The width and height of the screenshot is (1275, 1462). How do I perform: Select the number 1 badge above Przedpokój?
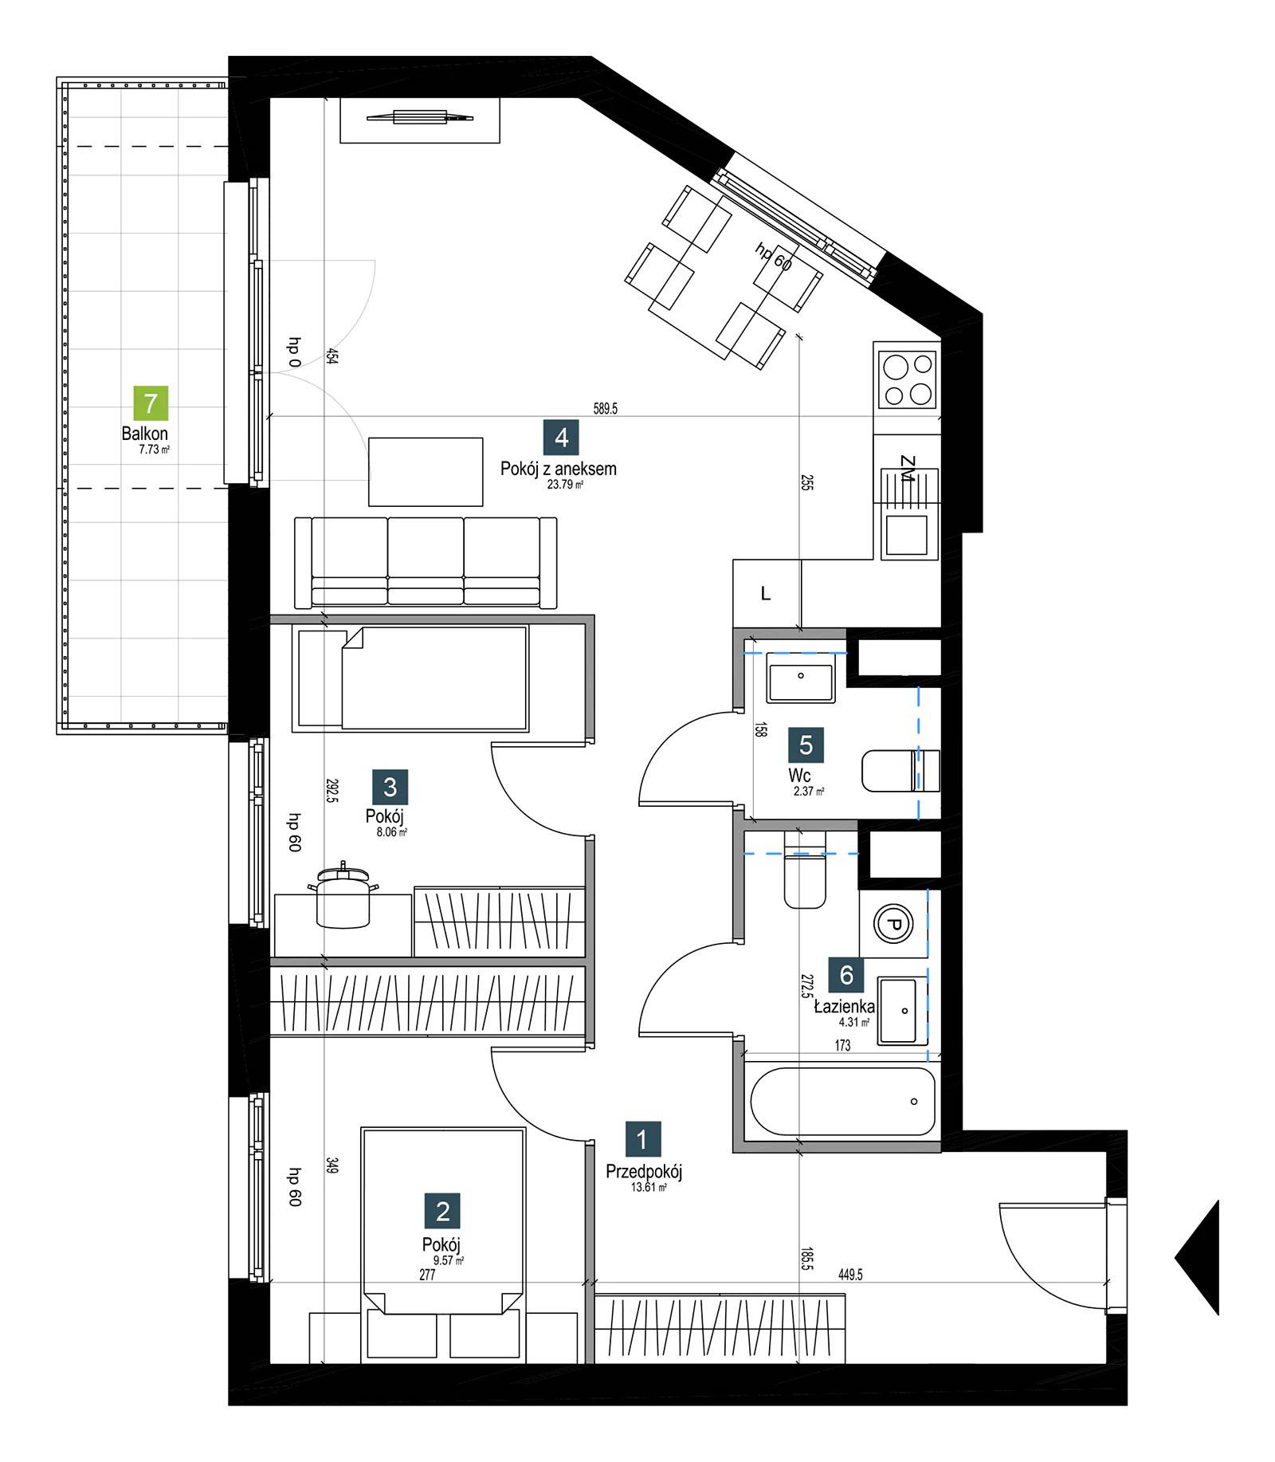[642, 1140]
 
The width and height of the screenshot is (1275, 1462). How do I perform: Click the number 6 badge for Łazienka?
[846, 974]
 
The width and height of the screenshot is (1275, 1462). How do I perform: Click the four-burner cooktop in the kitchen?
[905, 379]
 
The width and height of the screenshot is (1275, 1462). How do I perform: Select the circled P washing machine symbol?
[892, 925]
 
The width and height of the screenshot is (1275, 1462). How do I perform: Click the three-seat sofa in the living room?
[426, 563]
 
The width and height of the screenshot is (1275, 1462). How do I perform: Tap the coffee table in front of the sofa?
[426, 471]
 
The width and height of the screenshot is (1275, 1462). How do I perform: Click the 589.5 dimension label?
[606, 409]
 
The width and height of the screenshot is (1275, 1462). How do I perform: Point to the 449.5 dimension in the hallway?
[850, 1275]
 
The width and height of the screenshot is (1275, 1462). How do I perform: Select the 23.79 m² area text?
[565, 484]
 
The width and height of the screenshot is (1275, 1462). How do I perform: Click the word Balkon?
[145, 434]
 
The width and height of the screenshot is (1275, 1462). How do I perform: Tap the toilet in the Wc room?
[900, 771]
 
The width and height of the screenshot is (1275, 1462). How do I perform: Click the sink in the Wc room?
[801, 678]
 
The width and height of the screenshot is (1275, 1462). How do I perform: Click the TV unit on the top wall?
[420, 120]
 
